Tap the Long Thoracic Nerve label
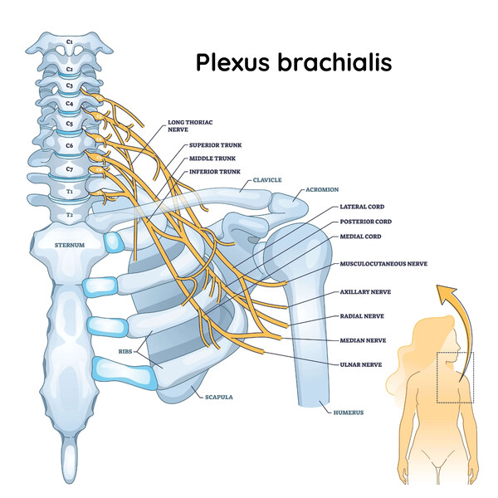pos(190,126)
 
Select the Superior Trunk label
pos(215,145)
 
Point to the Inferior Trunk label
pos(215,172)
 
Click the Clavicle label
pos(267,180)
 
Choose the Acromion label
pos(322,189)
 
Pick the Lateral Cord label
pos(362,207)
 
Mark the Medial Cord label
pos(360,237)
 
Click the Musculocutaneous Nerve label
pos(383,264)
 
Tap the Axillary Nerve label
pos(365,292)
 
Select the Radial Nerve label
pos(362,316)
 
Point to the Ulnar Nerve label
pos(361,364)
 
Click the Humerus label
pos(349,413)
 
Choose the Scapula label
pos(219,397)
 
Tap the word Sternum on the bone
pos(70,245)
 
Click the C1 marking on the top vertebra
pos(70,41)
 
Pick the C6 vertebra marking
pos(70,145)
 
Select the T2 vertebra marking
pos(70,215)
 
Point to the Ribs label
pos(125,352)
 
